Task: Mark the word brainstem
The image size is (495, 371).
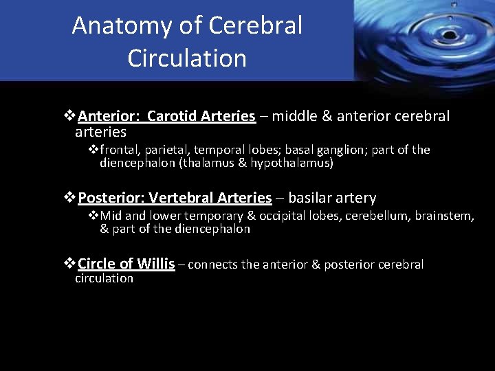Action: point(443,216)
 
